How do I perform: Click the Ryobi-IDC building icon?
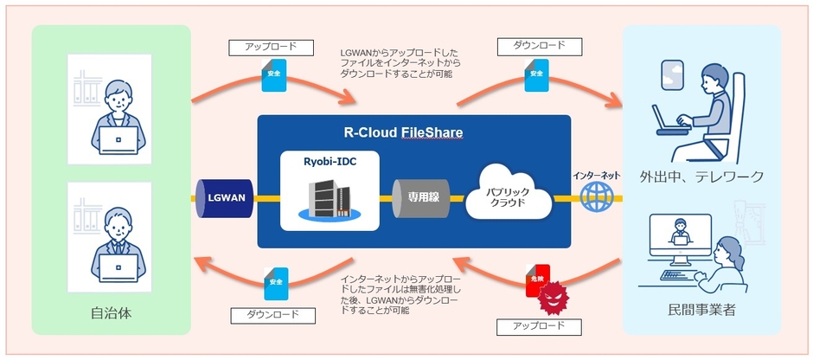click(323, 197)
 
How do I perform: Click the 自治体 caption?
click(110, 311)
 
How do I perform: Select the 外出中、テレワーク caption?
click(701, 177)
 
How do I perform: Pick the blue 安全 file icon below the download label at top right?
click(535, 74)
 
